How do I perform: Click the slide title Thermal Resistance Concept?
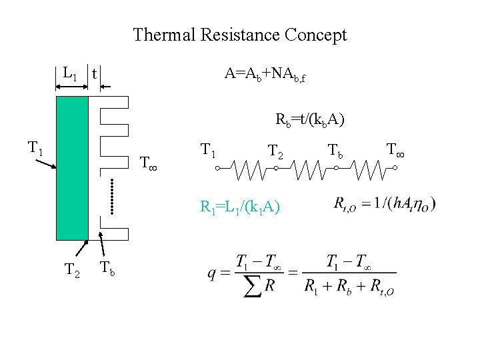[240, 35]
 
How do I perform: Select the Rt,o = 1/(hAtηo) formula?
[385, 204]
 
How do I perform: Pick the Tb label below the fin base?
[107, 269]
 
